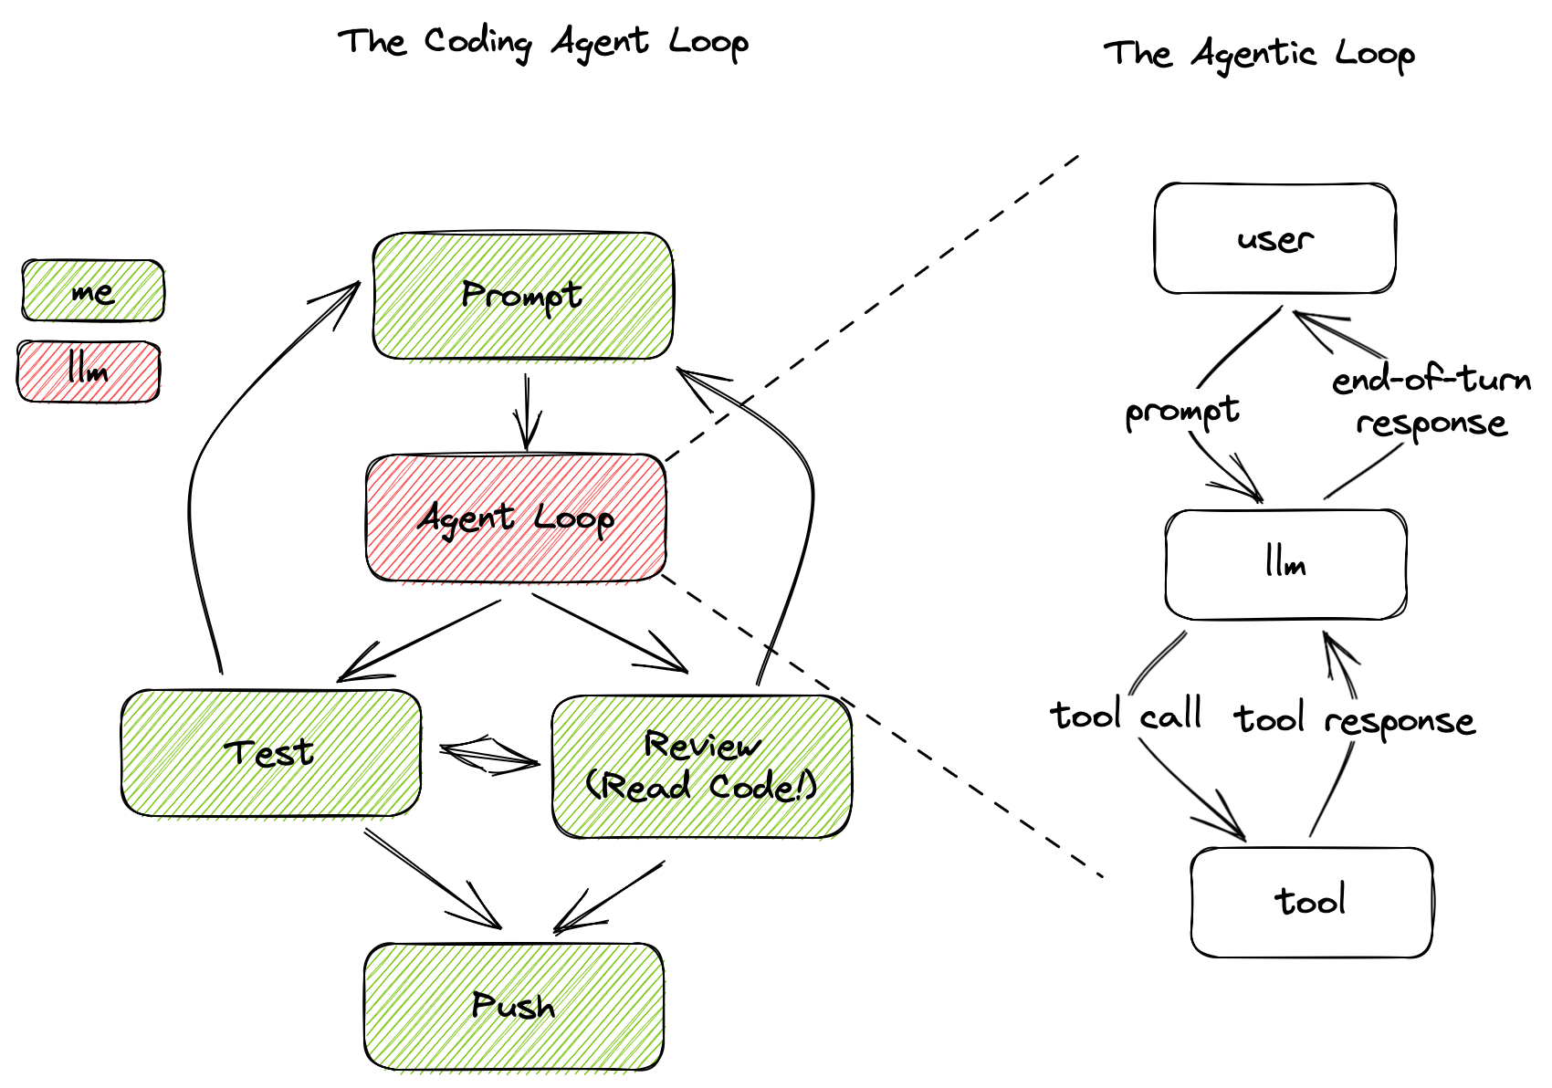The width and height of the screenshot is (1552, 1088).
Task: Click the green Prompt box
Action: pyautogui.click(x=523, y=296)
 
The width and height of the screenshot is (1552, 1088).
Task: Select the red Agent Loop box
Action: pyautogui.click(x=516, y=518)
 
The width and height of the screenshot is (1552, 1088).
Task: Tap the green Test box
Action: pyautogui.click(x=270, y=753)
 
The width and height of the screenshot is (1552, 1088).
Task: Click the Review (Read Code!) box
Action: pyautogui.click(x=701, y=767)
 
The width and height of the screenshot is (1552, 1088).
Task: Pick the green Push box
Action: pyautogui.click(x=513, y=1006)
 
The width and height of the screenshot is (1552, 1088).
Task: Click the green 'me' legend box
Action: pyautogui.click(x=92, y=291)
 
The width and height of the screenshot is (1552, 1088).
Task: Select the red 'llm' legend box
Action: pyautogui.click(x=89, y=371)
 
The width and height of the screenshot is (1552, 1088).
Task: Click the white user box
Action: pyautogui.click(x=1274, y=239)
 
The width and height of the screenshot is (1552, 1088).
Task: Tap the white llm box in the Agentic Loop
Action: pyautogui.click(x=1285, y=564)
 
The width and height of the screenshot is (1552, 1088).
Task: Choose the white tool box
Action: pyautogui.click(x=1310, y=902)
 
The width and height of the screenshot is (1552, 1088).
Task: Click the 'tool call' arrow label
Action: pyautogui.click(x=1125, y=715)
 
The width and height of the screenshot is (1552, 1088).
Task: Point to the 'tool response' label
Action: pyautogui.click(x=1354, y=720)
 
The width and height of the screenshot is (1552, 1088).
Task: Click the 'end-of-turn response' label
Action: pyautogui.click(x=1431, y=401)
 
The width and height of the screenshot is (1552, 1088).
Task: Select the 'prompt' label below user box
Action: pyautogui.click(x=1181, y=412)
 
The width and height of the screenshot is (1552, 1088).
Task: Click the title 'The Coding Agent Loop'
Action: pyautogui.click(x=543, y=42)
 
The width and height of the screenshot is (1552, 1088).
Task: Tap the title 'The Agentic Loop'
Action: pyautogui.click(x=1259, y=54)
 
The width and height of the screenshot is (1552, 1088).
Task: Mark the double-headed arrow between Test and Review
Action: pyautogui.click(x=488, y=754)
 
